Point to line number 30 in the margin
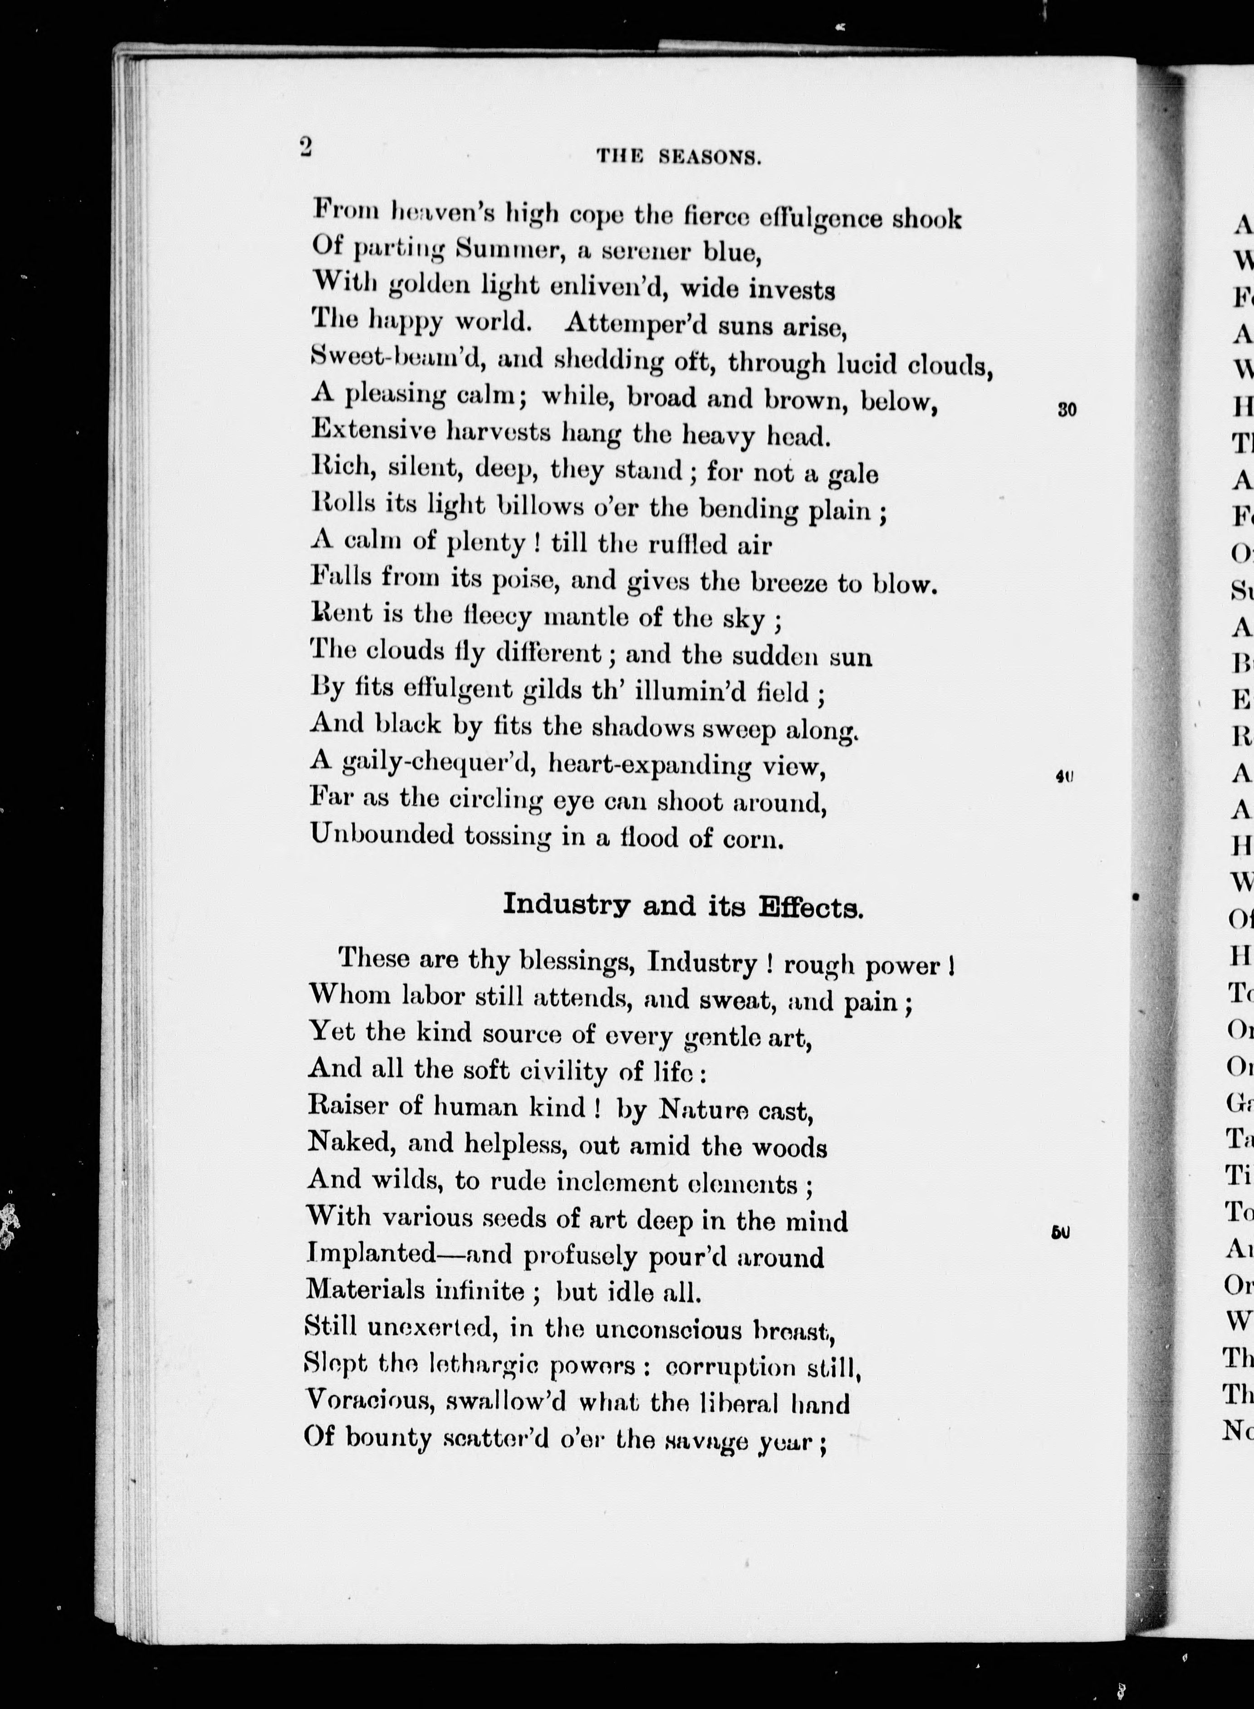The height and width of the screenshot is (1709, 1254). click(x=1067, y=410)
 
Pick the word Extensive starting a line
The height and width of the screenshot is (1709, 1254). click(x=372, y=430)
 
